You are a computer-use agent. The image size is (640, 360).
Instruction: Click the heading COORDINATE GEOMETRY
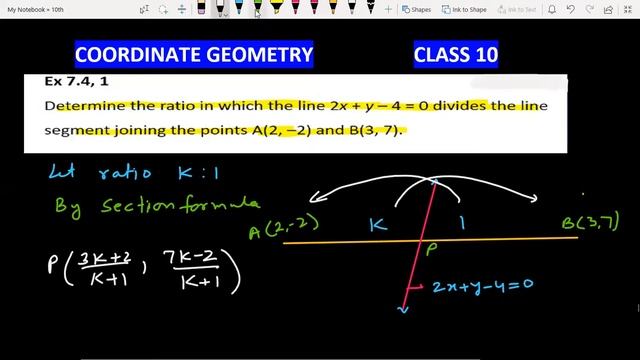coord(194,53)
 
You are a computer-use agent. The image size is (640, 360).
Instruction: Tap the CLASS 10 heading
coord(456,53)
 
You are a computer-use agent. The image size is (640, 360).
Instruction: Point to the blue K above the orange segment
coord(377,226)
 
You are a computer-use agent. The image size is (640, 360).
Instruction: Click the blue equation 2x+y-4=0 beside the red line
coord(482,285)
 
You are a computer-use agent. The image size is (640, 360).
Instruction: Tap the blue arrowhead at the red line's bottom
coord(403,310)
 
